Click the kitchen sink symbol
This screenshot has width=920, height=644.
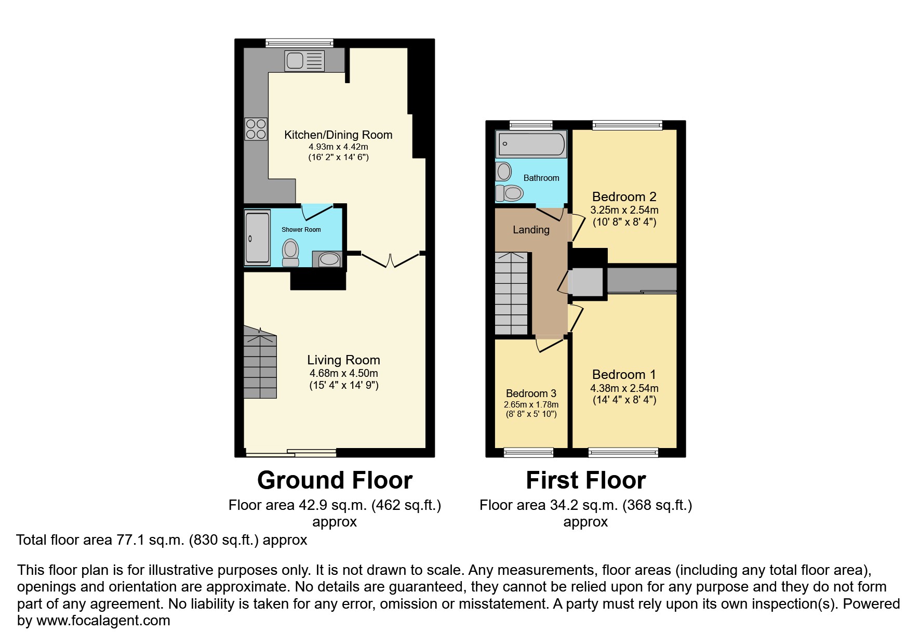tap(304, 61)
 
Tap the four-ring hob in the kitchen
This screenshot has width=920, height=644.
tap(256, 129)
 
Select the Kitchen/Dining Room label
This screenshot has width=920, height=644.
tap(338, 135)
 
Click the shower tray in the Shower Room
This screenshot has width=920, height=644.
tap(257, 237)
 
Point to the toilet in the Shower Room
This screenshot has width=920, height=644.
tap(290, 253)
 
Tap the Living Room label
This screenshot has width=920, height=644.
tap(343, 360)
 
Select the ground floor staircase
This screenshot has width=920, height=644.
tap(260, 364)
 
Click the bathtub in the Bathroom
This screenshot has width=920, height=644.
tap(530, 144)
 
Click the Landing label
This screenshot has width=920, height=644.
tap(531, 230)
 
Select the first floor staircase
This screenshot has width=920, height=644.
tap(511, 294)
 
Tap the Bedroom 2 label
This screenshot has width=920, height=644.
tap(624, 196)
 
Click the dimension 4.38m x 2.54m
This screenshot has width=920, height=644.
tap(624, 388)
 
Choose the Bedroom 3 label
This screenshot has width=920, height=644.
tap(531, 393)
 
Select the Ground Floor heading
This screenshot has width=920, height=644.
tap(335, 480)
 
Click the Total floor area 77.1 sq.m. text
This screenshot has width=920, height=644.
tap(162, 540)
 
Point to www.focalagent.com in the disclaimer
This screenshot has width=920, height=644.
tap(103, 621)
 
